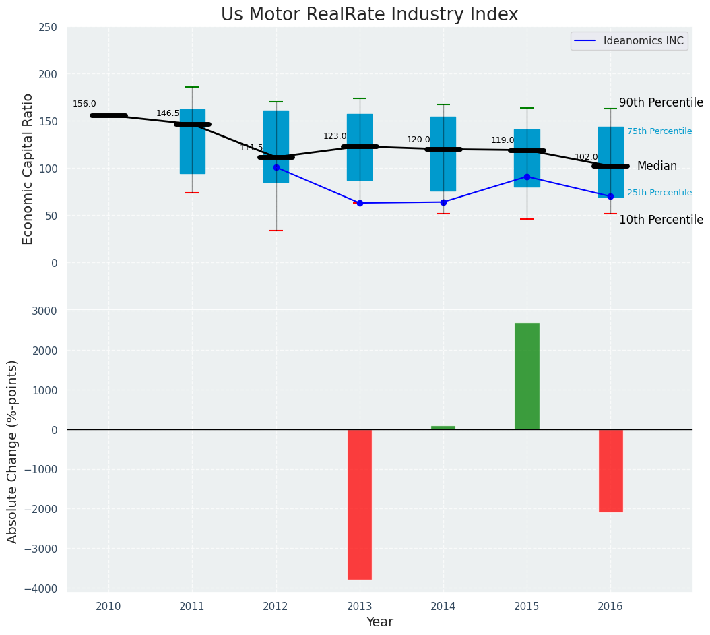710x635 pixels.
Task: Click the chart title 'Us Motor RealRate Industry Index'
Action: tap(369, 15)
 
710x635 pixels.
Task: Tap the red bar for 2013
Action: tap(360, 504)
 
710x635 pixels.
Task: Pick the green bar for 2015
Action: tap(527, 376)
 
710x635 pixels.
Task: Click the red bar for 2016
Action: tap(610, 471)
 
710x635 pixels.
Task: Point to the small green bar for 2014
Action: tap(443, 427)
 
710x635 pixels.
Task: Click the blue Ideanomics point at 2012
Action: tap(276, 167)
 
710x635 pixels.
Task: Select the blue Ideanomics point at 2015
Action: tap(527, 177)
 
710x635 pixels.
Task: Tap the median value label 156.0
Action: tap(84, 104)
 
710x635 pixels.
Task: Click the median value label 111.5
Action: tap(251, 148)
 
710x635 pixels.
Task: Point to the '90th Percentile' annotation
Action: tap(660, 103)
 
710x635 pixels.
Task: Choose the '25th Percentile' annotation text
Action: tap(659, 193)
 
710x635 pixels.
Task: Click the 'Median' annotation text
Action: tap(657, 167)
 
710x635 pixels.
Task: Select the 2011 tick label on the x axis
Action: tap(192, 607)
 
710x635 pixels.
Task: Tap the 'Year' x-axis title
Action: tap(379, 622)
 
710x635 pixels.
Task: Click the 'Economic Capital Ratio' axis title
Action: tap(28, 169)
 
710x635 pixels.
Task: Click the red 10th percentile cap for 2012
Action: tap(276, 231)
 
